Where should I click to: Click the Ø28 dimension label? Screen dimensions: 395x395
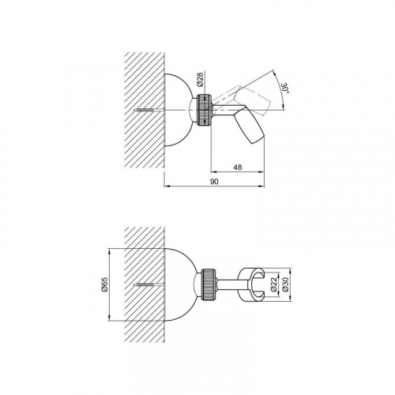tap(200, 79)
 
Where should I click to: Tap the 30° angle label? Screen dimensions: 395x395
tap(285, 88)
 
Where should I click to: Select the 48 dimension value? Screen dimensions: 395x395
tap(238, 167)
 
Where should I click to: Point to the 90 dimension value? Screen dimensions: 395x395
tap(215, 182)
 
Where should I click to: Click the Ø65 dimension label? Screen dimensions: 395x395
tap(104, 284)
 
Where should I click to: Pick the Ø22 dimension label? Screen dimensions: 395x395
tap(273, 284)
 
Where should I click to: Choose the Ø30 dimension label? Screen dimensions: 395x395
tap(285, 284)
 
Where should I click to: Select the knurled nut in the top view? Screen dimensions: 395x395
tap(205, 110)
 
